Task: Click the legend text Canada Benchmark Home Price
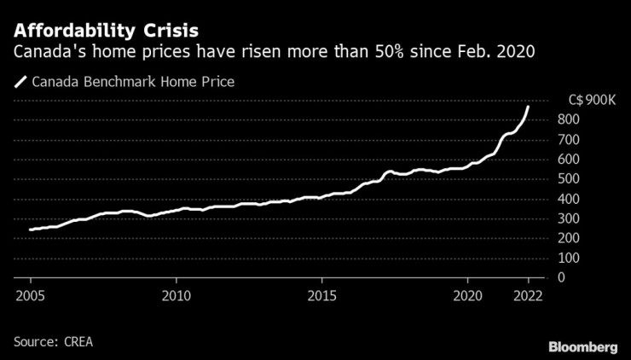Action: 132,83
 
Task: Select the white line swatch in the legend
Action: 20,83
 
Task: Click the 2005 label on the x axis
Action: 30,295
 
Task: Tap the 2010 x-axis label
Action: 176,295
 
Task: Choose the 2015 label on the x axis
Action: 321,295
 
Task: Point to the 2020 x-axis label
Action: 468,295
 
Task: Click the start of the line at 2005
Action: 31,229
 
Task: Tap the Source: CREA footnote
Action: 53,341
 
